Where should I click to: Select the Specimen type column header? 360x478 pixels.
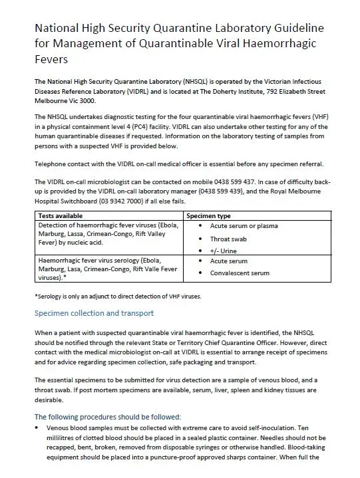click(x=209, y=216)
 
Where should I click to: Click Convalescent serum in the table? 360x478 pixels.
click(x=240, y=273)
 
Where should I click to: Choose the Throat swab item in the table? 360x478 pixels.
click(x=230, y=238)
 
